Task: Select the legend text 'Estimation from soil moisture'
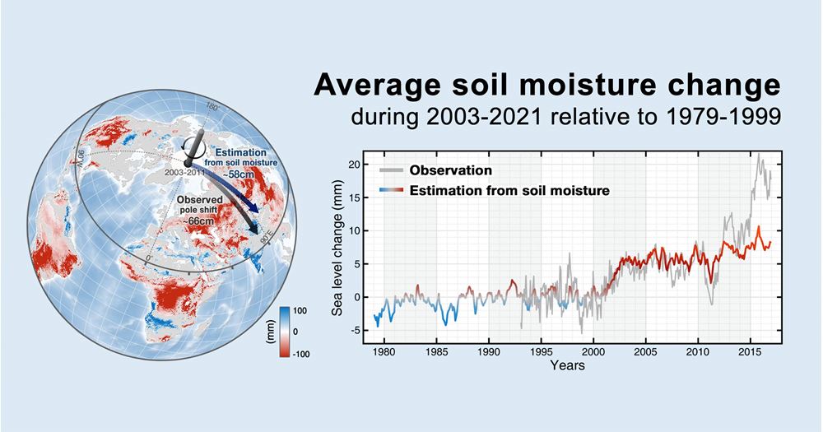click(513, 191)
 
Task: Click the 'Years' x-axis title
click(568, 365)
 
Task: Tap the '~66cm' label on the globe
click(196, 221)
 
